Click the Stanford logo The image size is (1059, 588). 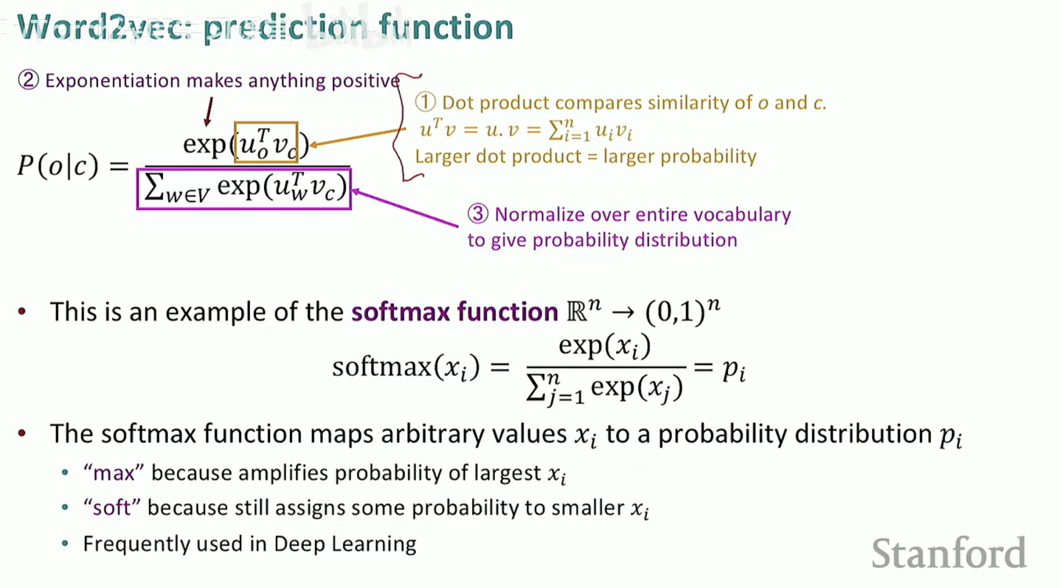pyautogui.click(x=949, y=553)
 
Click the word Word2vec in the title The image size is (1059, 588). pyautogui.click(x=105, y=27)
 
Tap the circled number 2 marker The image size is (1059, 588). pyautogui.click(x=28, y=80)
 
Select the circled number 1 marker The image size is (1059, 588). pyautogui.click(x=426, y=103)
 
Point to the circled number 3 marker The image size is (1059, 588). pyautogui.click(x=478, y=214)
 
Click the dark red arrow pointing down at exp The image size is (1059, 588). pyautogui.click(x=209, y=112)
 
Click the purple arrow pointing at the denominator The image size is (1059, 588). pyautogui.click(x=405, y=208)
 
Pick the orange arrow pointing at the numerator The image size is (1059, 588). pyautogui.click(x=358, y=137)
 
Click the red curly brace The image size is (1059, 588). pyautogui.click(x=401, y=127)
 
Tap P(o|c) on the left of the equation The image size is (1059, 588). pyautogui.click(x=58, y=166)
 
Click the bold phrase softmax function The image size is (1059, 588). pyautogui.click(x=455, y=311)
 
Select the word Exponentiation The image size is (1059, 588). pyautogui.click(x=113, y=81)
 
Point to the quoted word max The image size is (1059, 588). pyautogui.click(x=114, y=473)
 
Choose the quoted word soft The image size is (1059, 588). pyautogui.click(x=112, y=508)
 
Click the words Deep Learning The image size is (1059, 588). pyautogui.click(x=345, y=544)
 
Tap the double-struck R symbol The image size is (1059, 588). pyautogui.click(x=577, y=312)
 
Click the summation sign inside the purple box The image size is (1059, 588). pyautogui.click(x=154, y=188)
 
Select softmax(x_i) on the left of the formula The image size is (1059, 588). pyautogui.click(x=406, y=367)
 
